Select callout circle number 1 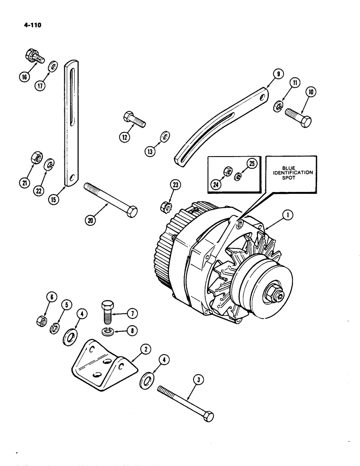(x=289, y=215)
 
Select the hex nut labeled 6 (x=42, y=321)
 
